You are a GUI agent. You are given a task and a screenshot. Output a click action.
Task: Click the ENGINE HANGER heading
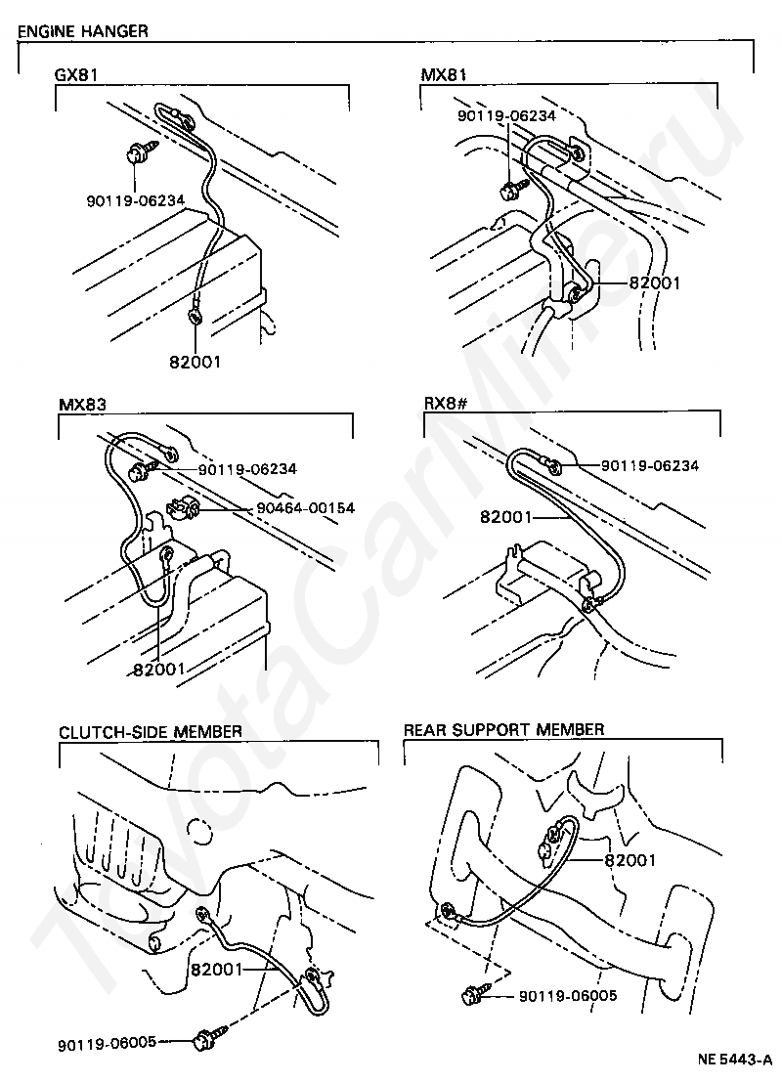(83, 31)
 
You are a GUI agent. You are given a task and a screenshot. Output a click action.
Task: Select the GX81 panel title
(77, 74)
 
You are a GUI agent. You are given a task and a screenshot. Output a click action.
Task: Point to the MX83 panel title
(82, 404)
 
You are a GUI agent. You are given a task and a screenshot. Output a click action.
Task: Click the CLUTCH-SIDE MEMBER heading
(151, 731)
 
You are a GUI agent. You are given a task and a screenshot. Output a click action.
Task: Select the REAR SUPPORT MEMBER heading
(503, 729)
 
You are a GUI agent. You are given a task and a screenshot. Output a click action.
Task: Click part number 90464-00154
(306, 508)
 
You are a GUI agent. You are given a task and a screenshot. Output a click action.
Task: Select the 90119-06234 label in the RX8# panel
(649, 466)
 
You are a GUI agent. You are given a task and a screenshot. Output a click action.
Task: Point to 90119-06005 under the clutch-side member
(107, 1041)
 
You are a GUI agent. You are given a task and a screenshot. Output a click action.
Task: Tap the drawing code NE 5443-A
(734, 1059)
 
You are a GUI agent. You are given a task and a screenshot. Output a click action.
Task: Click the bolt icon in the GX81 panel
(136, 154)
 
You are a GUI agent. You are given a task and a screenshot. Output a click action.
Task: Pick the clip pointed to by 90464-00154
(183, 507)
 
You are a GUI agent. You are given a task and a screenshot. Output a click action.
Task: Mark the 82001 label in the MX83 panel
(158, 670)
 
